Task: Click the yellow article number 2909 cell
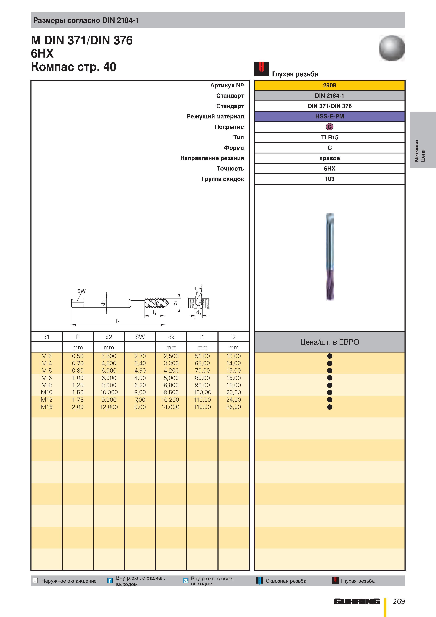329,85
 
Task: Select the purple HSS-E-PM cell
329,116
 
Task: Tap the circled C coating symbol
329,127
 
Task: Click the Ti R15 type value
329,137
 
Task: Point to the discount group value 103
329,179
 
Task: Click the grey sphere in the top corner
392,48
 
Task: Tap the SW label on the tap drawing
81,291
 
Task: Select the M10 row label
46,392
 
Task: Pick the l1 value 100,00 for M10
202,392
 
